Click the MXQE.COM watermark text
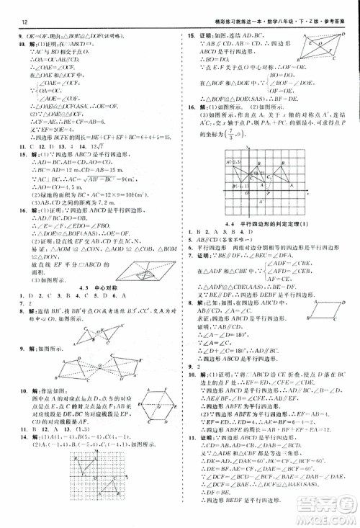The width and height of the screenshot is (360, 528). click(327, 517)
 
